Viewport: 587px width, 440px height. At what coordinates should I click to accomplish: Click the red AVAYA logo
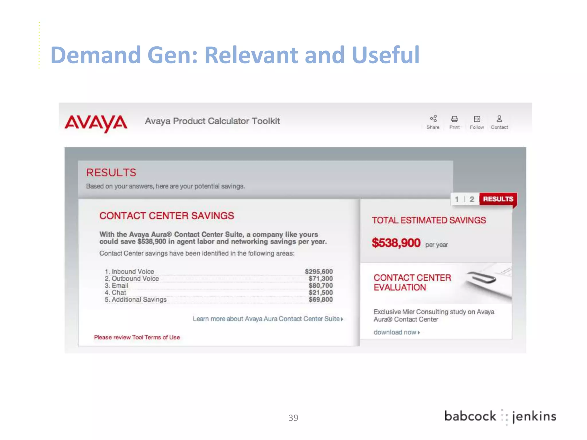click(x=96, y=123)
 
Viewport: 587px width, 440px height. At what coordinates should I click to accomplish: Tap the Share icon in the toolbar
click(x=433, y=119)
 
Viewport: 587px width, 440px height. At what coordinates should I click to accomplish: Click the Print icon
click(x=455, y=119)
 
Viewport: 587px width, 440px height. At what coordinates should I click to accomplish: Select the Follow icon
click(x=477, y=119)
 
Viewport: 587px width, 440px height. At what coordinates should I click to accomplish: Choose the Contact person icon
click(x=499, y=119)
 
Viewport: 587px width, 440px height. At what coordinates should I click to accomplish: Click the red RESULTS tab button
click(x=498, y=199)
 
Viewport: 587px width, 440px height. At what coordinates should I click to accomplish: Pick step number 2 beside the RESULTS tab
click(x=472, y=199)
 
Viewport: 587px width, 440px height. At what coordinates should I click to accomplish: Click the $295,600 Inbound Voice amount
click(x=319, y=271)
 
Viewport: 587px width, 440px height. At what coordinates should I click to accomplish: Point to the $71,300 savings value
click(x=321, y=278)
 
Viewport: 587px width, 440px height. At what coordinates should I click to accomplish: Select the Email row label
click(x=120, y=286)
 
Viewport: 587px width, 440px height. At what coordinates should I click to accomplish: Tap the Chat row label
click(x=119, y=292)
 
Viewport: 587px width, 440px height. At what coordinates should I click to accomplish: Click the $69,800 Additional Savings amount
click(x=321, y=300)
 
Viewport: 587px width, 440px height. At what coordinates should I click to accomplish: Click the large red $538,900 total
click(x=396, y=243)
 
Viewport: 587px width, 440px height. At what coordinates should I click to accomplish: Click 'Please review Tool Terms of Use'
click(x=137, y=337)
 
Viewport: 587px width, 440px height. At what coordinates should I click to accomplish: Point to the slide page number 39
click(x=293, y=418)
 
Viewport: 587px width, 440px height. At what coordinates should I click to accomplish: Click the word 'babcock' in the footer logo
click(x=470, y=416)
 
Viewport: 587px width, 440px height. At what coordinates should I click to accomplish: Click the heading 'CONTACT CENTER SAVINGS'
click(x=167, y=216)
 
